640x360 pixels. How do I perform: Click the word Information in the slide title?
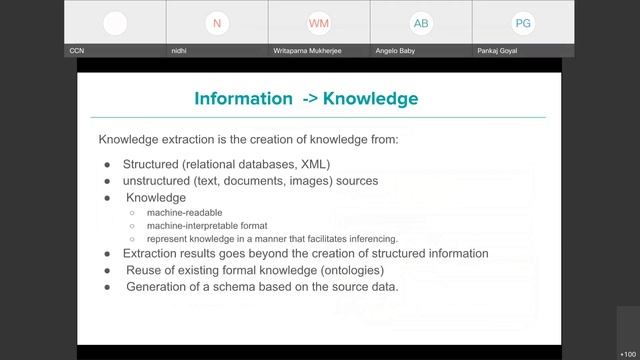240,98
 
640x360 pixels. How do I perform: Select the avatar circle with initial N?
217,23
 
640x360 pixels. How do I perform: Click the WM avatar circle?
319,23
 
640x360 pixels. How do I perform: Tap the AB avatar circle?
421,23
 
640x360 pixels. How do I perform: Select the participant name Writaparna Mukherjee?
309,50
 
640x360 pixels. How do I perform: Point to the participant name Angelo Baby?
397,50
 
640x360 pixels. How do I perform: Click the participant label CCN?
76,50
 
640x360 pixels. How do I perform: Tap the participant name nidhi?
179,50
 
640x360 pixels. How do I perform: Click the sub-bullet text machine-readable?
184,213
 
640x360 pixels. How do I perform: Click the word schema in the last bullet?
239,287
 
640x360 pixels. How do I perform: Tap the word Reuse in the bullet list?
144,270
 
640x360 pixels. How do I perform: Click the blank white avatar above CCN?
115,23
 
